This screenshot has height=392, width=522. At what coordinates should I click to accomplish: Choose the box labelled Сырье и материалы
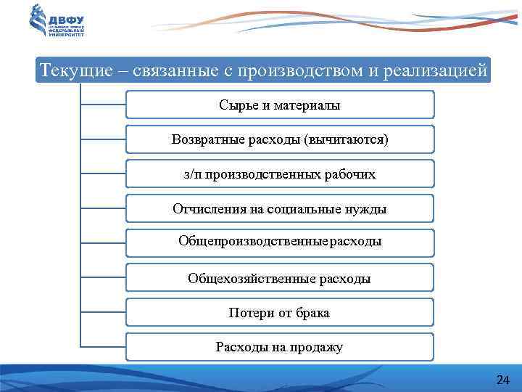280,105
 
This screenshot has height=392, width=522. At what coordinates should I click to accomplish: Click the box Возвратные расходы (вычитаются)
280,139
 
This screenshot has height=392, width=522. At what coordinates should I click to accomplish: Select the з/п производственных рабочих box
280,174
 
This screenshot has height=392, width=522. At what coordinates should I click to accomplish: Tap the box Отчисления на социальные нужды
280,208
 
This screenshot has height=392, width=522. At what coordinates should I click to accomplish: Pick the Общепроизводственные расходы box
280,243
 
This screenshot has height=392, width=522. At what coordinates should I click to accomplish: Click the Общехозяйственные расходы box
280,278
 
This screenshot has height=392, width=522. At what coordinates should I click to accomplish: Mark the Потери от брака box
280,313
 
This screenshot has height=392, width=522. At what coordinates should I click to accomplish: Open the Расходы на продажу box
280,347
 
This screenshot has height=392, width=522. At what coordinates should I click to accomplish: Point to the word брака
312,313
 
